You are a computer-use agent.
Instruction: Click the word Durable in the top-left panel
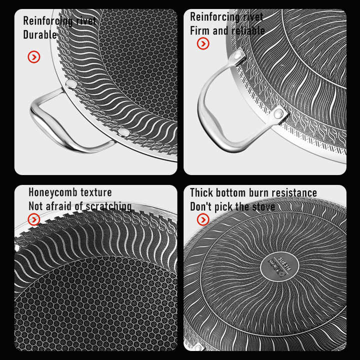pyautogui.click(x=40, y=35)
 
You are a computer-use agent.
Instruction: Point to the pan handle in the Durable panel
pyautogui.click(x=47, y=122)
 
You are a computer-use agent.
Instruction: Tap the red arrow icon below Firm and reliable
pyautogui.click(x=203, y=43)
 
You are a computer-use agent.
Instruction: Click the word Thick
pyautogui.click(x=201, y=192)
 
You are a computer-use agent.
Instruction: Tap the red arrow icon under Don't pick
pyautogui.click(x=203, y=219)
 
